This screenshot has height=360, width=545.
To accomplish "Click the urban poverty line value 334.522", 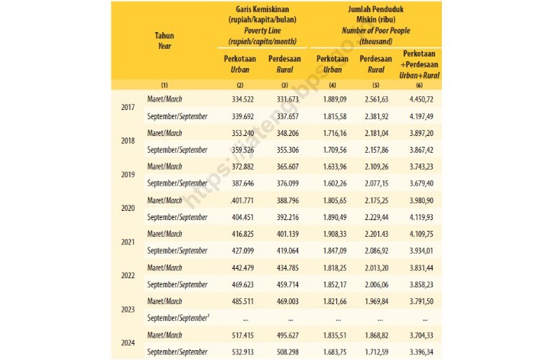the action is pyautogui.click(x=242, y=99).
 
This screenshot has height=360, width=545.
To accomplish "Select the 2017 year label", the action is pyautogui.click(x=128, y=107).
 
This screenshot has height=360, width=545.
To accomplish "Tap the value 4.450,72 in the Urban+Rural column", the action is pyautogui.click(x=421, y=99).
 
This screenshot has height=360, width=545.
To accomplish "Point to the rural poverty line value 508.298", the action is pyautogui.click(x=288, y=352).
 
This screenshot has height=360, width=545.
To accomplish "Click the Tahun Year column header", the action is pyautogui.click(x=164, y=41).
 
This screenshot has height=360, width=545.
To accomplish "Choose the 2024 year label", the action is pyautogui.click(x=128, y=343).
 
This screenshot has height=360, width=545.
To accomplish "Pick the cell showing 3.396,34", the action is pyautogui.click(x=421, y=352).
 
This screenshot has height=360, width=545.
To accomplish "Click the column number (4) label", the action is pyautogui.click(x=333, y=85).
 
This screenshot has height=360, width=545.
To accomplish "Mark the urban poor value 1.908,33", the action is pyautogui.click(x=335, y=234).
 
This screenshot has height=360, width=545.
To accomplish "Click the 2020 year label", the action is pyautogui.click(x=128, y=208).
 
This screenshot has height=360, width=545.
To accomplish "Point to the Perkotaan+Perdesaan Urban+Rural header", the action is pyautogui.click(x=419, y=64).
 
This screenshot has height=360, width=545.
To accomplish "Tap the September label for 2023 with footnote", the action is pyautogui.click(x=178, y=318).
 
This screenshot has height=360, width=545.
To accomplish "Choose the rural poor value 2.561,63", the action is pyautogui.click(x=377, y=99).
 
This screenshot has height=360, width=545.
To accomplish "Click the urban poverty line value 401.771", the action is pyautogui.click(x=242, y=201).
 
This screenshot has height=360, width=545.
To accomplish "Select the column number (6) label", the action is pyautogui.click(x=419, y=85).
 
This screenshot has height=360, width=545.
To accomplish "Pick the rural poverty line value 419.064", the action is pyautogui.click(x=288, y=251).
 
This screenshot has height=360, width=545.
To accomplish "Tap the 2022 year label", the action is pyautogui.click(x=128, y=276).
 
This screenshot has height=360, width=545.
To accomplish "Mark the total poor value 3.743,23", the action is pyautogui.click(x=421, y=167).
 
